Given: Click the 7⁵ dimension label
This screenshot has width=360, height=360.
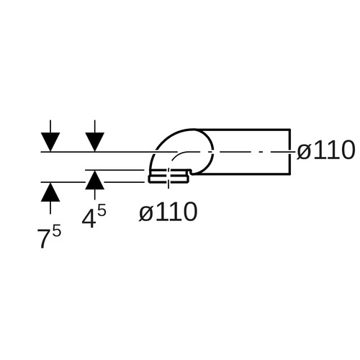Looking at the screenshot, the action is coord(49,238).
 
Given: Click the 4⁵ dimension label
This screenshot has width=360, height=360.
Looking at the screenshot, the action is coord(94,217).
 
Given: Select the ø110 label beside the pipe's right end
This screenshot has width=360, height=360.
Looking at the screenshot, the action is coord(325,150).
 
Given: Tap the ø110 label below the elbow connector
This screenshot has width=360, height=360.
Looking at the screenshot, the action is coord(168,212).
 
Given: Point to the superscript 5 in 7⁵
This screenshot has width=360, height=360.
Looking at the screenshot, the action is coord(57,233).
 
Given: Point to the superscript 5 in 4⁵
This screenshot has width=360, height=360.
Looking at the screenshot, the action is coord(102,212).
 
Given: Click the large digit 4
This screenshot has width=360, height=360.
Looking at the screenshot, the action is coord(88,218).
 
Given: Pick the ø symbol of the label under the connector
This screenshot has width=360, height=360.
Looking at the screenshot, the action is coord(145,213).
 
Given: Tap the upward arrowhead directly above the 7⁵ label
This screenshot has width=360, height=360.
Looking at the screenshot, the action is coord(50,192).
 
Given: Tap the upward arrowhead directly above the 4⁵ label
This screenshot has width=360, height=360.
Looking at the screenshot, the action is coord(95,180).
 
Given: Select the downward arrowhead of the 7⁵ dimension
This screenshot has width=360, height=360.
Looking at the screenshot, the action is coord(50,142).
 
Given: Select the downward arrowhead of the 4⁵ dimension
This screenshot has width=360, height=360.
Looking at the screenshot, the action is coord(95,142).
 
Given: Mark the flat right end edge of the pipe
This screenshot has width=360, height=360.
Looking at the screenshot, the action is coord(290,151).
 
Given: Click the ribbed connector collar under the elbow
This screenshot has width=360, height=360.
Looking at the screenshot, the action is coord(169,176).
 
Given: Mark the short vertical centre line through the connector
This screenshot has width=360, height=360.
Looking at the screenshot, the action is coord(168,178).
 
